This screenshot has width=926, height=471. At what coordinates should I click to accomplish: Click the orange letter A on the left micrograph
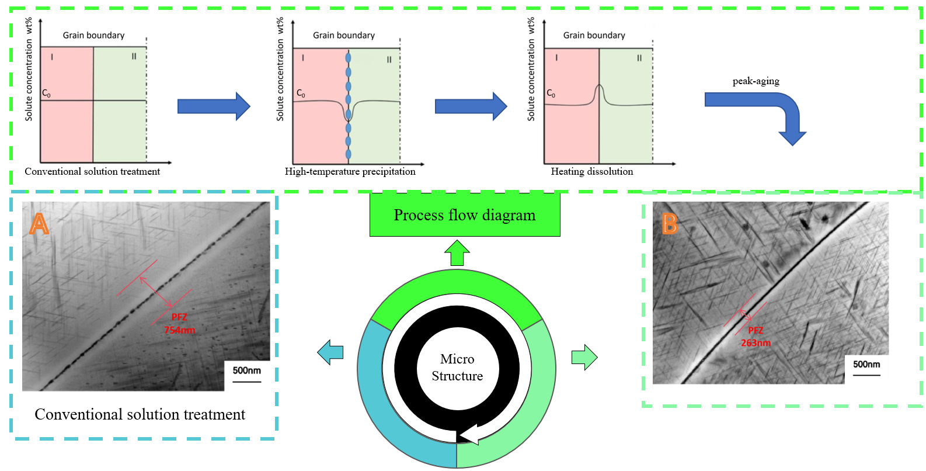pyautogui.click(x=39, y=224)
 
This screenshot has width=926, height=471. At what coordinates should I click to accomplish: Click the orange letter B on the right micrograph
pyautogui.click(x=670, y=224)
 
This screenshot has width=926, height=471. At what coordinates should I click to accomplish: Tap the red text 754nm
pyautogui.click(x=179, y=330)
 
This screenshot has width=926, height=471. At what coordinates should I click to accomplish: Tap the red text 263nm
pyautogui.click(x=756, y=343)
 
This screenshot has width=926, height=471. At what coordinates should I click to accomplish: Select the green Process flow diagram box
pyautogui.click(x=465, y=215)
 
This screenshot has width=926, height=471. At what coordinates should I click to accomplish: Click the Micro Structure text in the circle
pyautogui.click(x=457, y=368)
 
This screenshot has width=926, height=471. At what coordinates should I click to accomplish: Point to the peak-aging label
pyautogui.click(x=756, y=81)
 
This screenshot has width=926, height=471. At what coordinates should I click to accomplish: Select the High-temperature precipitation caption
pyautogui.click(x=350, y=171)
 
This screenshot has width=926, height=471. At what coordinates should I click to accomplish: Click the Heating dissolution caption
pyautogui.click(x=592, y=171)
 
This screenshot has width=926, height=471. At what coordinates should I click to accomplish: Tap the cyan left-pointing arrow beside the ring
pyautogui.click(x=330, y=352)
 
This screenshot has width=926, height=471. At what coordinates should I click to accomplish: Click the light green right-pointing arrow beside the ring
pyautogui.click(x=584, y=357)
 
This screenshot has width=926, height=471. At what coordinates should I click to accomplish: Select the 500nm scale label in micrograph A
pyautogui.click(x=246, y=370)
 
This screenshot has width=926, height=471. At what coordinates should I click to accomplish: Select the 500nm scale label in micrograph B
pyautogui.click(x=866, y=364)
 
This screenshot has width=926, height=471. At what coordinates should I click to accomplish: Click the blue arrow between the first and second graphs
pyautogui.click(x=214, y=106)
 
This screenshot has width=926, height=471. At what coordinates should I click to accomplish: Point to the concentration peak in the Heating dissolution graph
pyautogui.click(x=598, y=88)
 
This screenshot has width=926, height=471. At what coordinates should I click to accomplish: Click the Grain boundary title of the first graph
pyautogui.click(x=93, y=35)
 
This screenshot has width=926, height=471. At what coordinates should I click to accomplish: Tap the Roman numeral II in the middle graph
pyautogui.click(x=389, y=59)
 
